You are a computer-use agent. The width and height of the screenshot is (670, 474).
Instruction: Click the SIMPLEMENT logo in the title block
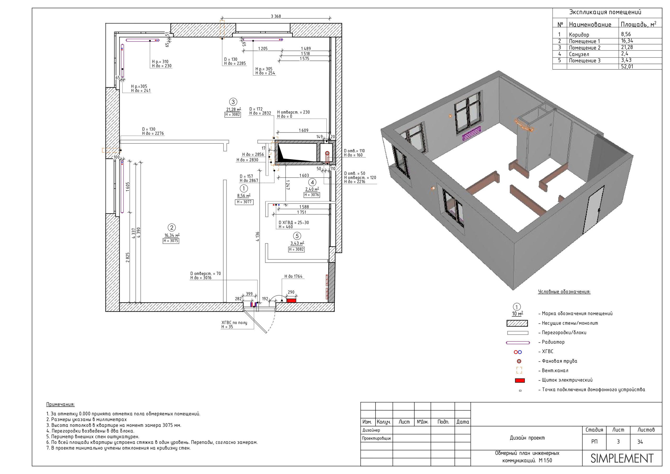coord(622,459)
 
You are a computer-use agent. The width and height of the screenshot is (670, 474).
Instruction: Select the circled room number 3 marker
coord(233,102)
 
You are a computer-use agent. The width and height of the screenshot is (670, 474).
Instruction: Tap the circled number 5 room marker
coord(297,236)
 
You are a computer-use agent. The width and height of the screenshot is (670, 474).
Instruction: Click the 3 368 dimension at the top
coord(276,16)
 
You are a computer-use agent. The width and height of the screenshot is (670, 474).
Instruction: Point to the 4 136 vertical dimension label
coord(257,236)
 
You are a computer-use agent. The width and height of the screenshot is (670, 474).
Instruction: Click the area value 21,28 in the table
coord(627,47)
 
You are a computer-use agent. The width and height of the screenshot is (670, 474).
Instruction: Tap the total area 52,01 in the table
coord(627,67)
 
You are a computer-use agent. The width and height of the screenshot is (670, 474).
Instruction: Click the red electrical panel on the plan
coord(291,301)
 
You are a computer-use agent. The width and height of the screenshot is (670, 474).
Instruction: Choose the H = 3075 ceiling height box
coord(171,241)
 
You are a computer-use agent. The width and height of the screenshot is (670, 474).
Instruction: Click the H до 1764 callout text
coord(293,276)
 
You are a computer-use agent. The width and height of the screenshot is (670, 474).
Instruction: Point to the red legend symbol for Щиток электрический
coord(520,381)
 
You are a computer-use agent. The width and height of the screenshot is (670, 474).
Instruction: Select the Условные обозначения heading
coord(564,292)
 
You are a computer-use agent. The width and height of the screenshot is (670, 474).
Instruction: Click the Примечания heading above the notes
coord(60,405)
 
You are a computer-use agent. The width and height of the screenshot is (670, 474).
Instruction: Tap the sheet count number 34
coord(640,442)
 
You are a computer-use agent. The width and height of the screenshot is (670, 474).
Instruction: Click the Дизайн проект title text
coord(527,438)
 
